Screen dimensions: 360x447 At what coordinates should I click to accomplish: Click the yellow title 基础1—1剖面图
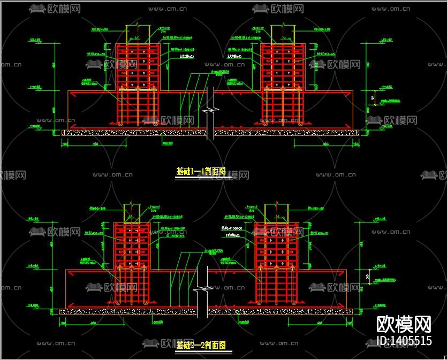(200, 172)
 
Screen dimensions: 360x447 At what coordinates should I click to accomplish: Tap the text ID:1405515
(404, 341)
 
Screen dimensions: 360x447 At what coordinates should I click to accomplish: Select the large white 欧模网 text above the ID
(404, 324)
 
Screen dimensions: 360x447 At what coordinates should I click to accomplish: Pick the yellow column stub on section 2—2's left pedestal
(133, 213)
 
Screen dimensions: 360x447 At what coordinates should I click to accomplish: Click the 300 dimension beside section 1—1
(373, 97)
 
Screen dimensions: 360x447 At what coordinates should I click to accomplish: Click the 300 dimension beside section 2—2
(367, 276)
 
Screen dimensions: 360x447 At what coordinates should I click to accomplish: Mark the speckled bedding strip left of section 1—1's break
(134, 132)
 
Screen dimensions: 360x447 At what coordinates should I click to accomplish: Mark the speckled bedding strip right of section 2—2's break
(278, 311)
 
